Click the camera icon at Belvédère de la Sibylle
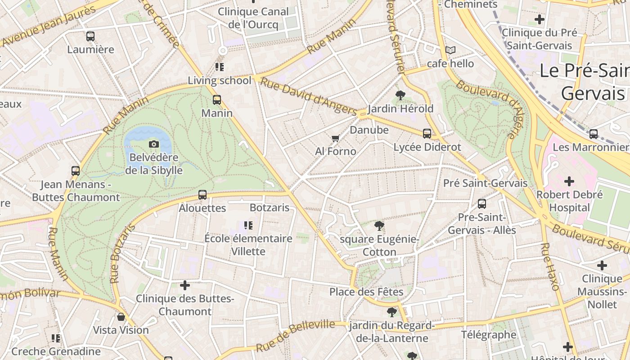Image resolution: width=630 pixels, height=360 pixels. coord(154,144)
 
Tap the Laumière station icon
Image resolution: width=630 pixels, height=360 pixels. coord(90,36)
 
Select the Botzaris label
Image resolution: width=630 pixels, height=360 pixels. coord(269,208)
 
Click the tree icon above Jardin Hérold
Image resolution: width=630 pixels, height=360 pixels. coord(400,95)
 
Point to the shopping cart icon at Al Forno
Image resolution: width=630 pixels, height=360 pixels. coord(335,138)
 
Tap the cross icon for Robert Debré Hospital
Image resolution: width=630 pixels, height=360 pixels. coord(569,181)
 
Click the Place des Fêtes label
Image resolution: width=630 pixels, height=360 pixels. coord(366,292)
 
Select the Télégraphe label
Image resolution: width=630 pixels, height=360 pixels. coord(489,334)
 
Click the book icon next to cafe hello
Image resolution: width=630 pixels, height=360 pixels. coord(450,50)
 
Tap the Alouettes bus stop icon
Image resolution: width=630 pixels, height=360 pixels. coord(202,195)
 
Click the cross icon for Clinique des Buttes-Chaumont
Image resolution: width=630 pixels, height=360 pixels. coord(185,285)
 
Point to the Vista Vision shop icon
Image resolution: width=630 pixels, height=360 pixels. coord(121,317)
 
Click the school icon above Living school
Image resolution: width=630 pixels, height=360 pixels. coord(220,67)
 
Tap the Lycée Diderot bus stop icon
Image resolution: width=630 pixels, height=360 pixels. coord(427,134)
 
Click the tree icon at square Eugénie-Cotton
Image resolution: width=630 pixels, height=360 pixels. coord(379,225)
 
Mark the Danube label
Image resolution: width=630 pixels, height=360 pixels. coord(369,130)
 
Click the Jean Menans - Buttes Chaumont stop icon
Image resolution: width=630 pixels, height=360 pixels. coord(76,171)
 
